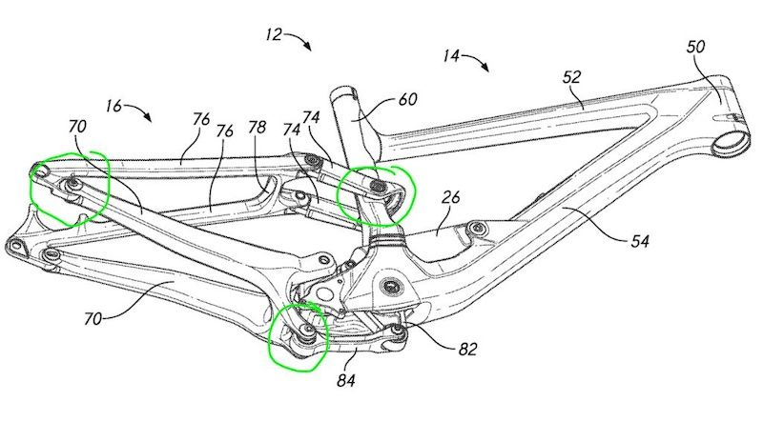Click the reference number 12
tap(274, 35)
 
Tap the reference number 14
tap(451, 55)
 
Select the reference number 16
tap(113, 106)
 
